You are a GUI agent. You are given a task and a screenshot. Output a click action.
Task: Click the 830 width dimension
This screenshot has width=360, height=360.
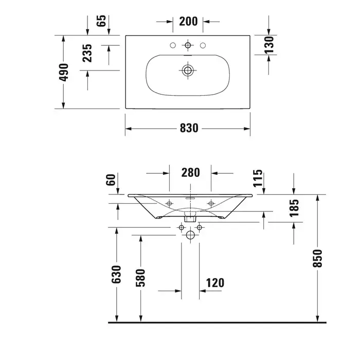(x=189, y=128)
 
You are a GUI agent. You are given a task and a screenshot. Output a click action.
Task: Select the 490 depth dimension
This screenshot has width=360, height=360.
(x=64, y=72)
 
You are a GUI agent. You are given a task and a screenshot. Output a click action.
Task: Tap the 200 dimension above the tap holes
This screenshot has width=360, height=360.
(x=188, y=22)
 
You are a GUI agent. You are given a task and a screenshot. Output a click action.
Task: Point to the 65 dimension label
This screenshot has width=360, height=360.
(x=101, y=21)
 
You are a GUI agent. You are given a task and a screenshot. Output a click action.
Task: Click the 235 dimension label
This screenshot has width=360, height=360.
(x=87, y=53)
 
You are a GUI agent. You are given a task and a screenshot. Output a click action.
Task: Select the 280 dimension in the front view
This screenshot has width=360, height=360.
(x=191, y=173)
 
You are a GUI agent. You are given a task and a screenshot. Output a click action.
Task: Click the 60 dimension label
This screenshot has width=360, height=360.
(x=111, y=180)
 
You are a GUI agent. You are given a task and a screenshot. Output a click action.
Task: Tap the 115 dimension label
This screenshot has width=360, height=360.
(x=258, y=178)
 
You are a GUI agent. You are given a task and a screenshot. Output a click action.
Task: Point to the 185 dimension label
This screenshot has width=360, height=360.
(x=294, y=208)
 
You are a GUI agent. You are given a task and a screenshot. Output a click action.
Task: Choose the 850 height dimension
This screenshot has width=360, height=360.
(x=317, y=258)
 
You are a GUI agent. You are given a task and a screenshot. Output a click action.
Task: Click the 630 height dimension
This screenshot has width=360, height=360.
(x=116, y=274)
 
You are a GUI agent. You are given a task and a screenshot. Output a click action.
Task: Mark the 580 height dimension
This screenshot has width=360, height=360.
(x=140, y=278)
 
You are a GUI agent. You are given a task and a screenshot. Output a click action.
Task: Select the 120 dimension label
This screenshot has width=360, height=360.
(x=215, y=283)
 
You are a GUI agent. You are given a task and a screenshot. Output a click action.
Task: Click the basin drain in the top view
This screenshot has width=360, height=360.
(x=188, y=70)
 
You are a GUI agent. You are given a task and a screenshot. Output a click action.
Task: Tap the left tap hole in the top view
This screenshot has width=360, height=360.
(x=173, y=45)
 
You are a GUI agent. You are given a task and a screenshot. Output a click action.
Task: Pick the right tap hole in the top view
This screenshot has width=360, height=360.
(x=203, y=45)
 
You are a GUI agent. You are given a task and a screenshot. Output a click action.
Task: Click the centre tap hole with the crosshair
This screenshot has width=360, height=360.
(x=188, y=45)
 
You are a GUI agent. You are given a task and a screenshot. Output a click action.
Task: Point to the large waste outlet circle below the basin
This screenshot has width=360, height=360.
(x=190, y=235)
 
